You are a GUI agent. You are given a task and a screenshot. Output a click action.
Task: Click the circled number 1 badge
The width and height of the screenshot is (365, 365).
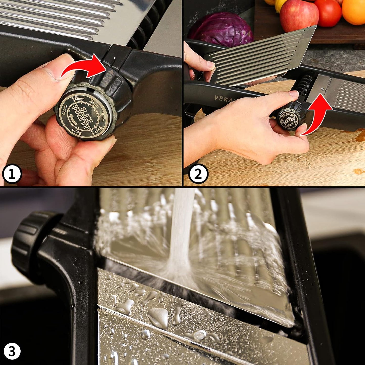(12, 174)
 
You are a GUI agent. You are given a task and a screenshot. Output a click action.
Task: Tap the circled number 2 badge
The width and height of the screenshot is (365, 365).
(198, 174)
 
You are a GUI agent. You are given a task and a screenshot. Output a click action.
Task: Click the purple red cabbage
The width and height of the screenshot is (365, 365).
(222, 29)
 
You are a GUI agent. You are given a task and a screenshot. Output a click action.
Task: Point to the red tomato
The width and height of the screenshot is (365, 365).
(328, 12)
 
